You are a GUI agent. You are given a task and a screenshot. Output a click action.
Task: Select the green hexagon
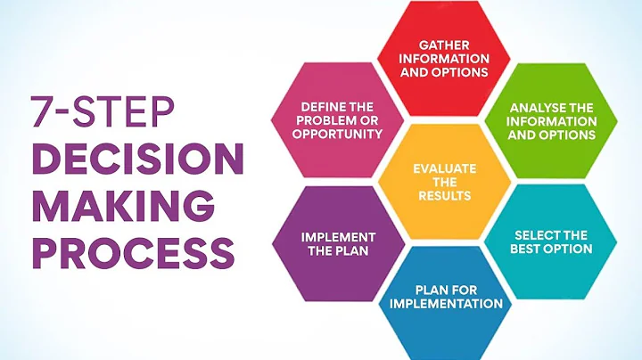pos(551,121)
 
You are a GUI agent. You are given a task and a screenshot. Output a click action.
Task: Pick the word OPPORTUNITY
pos(341,134)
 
